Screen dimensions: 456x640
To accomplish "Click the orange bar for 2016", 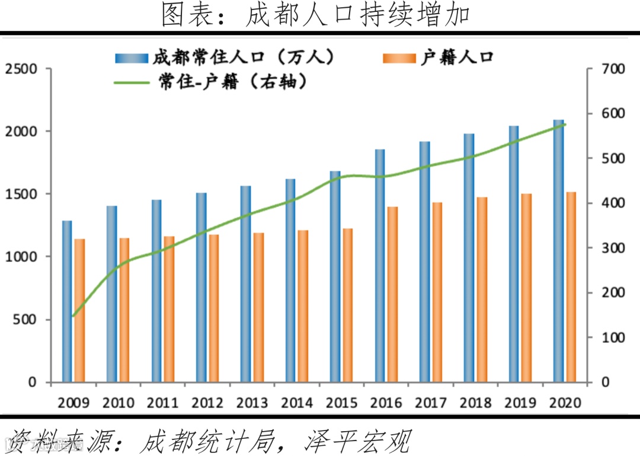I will tap(392, 294).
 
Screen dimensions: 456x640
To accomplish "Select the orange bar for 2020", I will tap(571, 287).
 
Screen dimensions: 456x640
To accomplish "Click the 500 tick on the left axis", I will tap(25, 320).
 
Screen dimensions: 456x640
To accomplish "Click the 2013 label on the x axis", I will tap(252, 403).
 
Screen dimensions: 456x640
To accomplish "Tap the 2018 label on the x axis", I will tap(475, 403).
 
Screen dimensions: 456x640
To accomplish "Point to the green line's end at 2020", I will tap(565, 125).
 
